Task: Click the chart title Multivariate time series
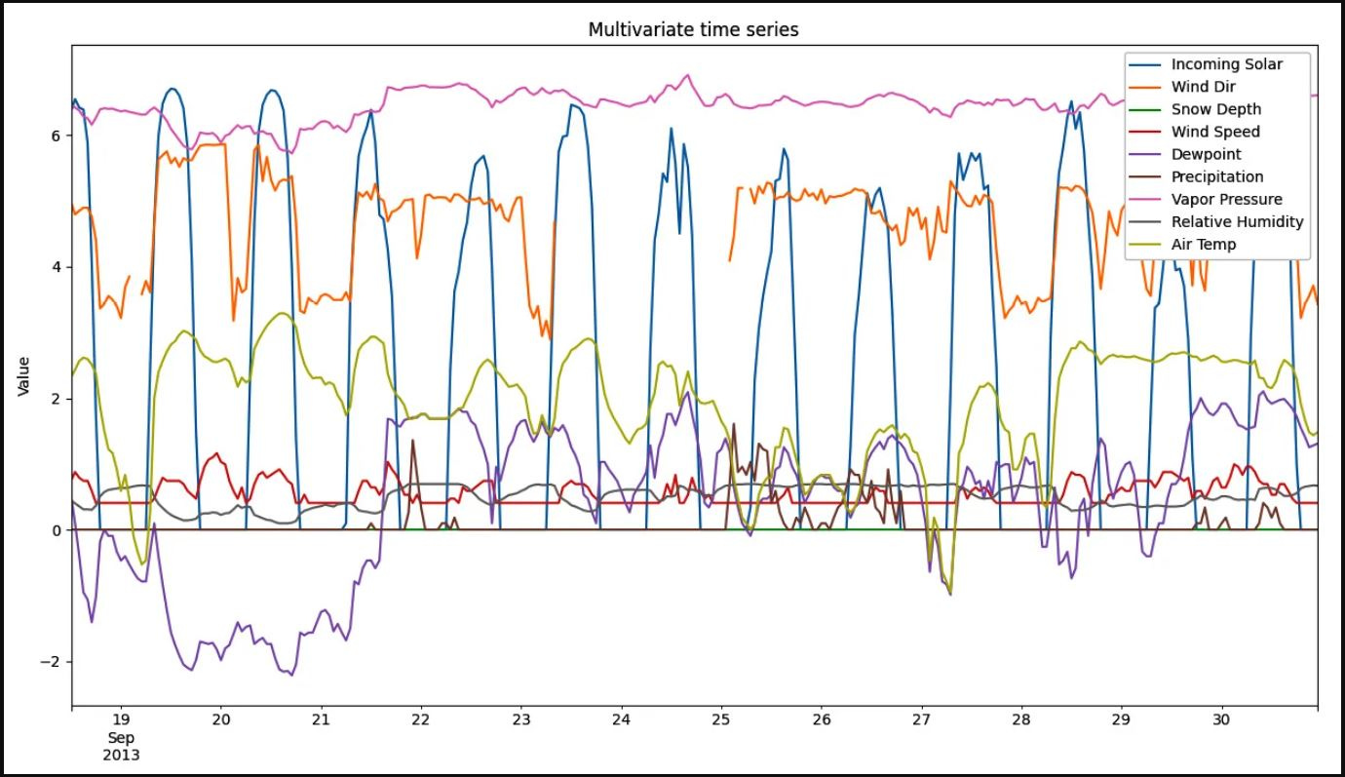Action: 693,30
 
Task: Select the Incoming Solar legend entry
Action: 1226,64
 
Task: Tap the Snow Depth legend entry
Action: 1215,109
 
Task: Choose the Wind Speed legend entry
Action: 1215,132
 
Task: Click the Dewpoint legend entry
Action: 1206,154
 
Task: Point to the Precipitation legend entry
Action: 1216,176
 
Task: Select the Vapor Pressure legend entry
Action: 1226,199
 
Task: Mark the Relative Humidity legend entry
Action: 1237,221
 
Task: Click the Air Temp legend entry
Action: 1203,244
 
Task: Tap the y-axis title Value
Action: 23,376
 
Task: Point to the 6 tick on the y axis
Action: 56,136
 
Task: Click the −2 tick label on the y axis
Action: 52,662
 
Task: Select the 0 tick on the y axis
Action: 56,530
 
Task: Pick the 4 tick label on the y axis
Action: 56,267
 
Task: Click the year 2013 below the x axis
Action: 121,754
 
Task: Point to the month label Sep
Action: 121,736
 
